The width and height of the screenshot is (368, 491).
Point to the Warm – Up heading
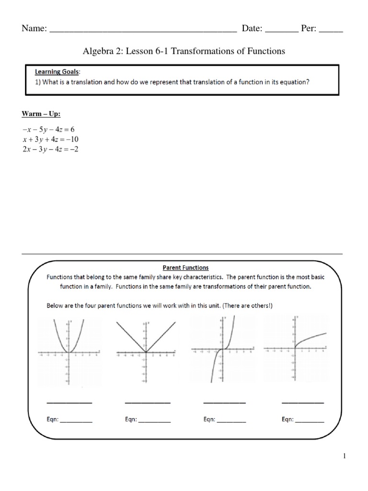[41, 114]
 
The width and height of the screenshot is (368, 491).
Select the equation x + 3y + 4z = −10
[50, 139]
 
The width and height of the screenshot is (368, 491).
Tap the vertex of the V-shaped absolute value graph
[145, 352]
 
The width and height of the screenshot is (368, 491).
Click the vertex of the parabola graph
[69, 352]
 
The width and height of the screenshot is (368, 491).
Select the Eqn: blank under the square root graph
[310, 421]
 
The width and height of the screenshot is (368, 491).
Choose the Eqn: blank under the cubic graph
[231, 421]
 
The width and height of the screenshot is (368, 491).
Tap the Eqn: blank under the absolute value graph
[155, 421]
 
